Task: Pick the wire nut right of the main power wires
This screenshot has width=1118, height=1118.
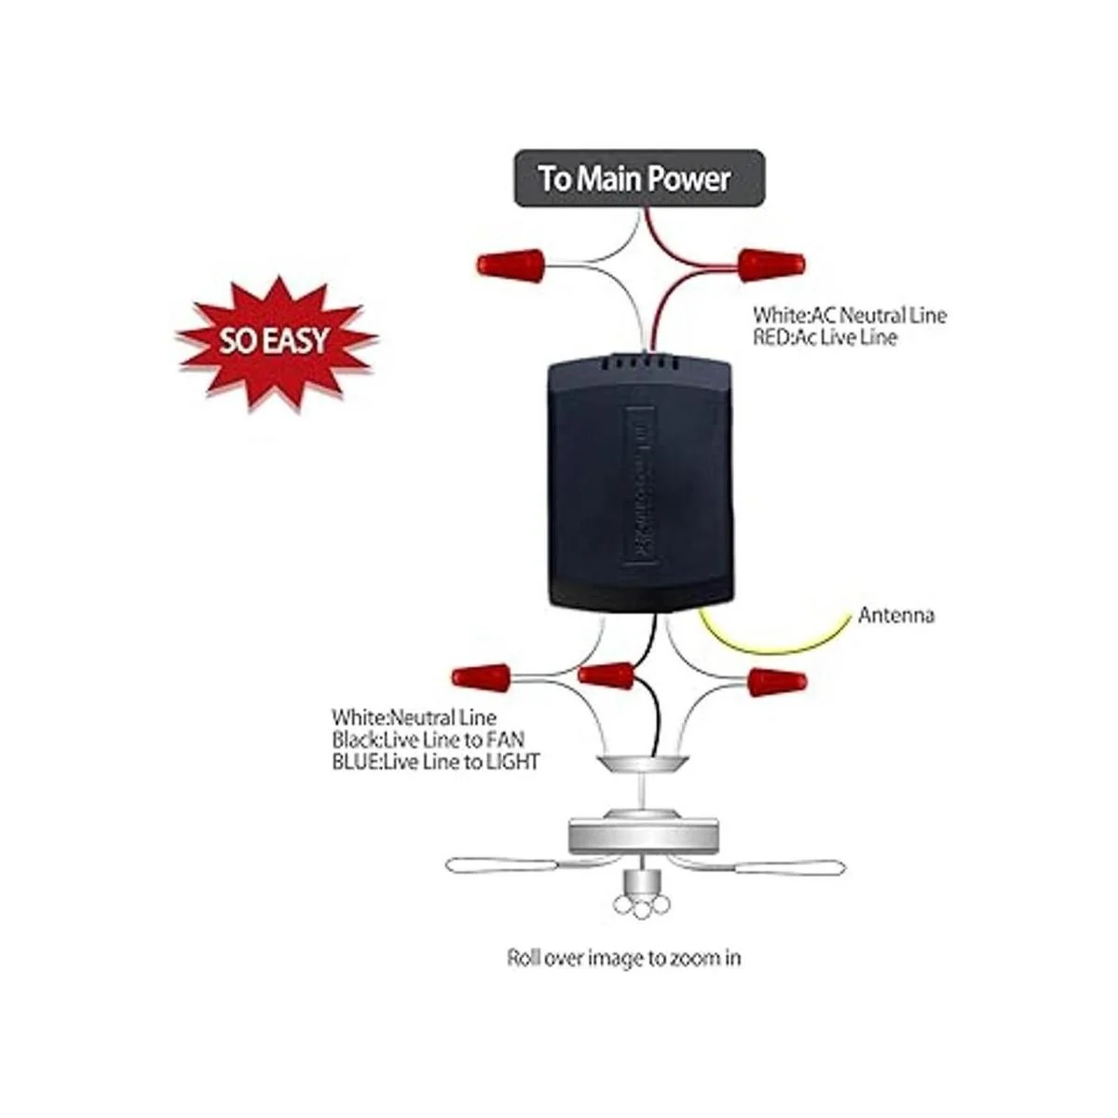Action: (x=773, y=266)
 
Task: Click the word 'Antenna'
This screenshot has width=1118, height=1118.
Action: (x=896, y=615)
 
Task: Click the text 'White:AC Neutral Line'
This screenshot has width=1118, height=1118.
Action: (x=850, y=315)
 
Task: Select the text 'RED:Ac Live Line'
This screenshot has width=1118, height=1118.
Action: (x=825, y=337)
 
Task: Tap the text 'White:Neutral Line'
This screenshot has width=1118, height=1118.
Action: (x=414, y=718)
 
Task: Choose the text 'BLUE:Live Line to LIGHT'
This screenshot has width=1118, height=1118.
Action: (x=435, y=761)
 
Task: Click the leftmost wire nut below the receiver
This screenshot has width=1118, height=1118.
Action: (x=482, y=675)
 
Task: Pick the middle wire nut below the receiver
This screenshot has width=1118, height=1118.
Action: (x=607, y=675)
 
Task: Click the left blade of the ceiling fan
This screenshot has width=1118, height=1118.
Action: (x=503, y=864)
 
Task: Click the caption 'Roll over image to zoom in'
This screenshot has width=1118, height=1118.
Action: (x=624, y=957)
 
